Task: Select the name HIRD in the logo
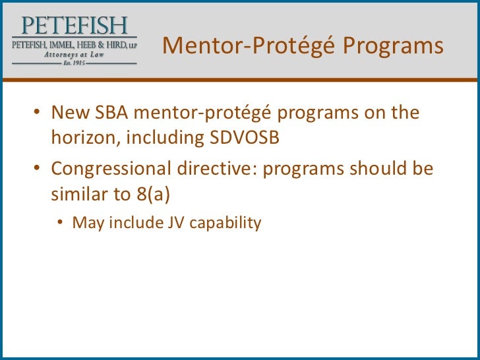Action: [x=116, y=44]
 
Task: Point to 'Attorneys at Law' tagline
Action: [x=73, y=54]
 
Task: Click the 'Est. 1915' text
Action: [x=73, y=63]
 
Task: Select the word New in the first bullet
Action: [x=67, y=113]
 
